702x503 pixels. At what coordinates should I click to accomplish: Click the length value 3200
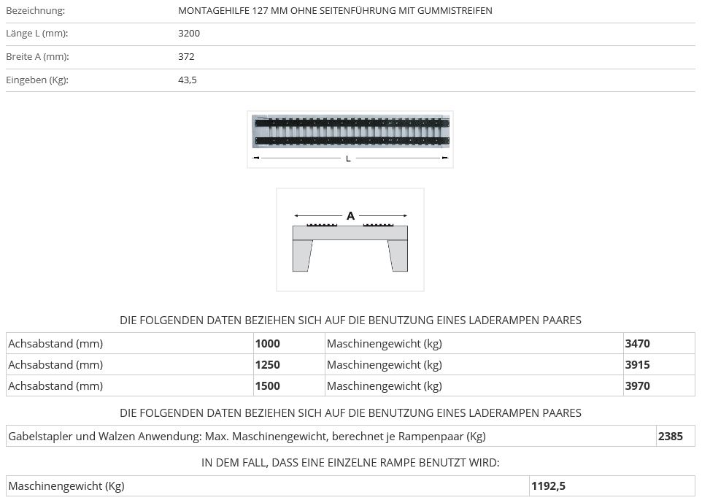pyautogui.click(x=189, y=34)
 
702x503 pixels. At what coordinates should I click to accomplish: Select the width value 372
pyautogui.click(x=186, y=57)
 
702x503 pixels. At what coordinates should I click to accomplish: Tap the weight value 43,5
pyautogui.click(x=188, y=80)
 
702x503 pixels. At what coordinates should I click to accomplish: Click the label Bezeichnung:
pyautogui.click(x=35, y=11)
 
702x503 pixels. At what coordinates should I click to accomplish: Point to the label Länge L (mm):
pyautogui.click(x=36, y=34)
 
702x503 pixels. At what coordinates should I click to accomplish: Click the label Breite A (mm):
pyautogui.click(x=37, y=57)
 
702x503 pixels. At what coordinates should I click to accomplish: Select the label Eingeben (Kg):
pyautogui.click(x=37, y=80)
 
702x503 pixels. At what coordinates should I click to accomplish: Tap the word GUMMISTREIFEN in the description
pyautogui.click(x=457, y=11)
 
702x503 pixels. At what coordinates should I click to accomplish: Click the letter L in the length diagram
pyautogui.click(x=348, y=158)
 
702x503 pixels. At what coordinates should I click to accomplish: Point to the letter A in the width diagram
pyautogui.click(x=350, y=216)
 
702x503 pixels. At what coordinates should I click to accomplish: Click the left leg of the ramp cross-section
pyautogui.click(x=302, y=256)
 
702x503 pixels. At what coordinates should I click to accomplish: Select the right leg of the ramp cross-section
pyautogui.click(x=398, y=256)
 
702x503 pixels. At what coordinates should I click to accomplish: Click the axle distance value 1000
pyautogui.click(x=267, y=344)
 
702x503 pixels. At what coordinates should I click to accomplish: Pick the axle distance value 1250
pyautogui.click(x=267, y=365)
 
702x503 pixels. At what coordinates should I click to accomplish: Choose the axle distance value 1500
pyautogui.click(x=267, y=386)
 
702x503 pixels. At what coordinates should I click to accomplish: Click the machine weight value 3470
pyautogui.click(x=637, y=344)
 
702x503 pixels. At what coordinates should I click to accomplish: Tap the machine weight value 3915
pyautogui.click(x=637, y=365)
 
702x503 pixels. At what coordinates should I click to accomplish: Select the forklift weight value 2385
pyautogui.click(x=670, y=437)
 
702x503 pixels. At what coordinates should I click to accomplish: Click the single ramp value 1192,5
pyautogui.click(x=549, y=486)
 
